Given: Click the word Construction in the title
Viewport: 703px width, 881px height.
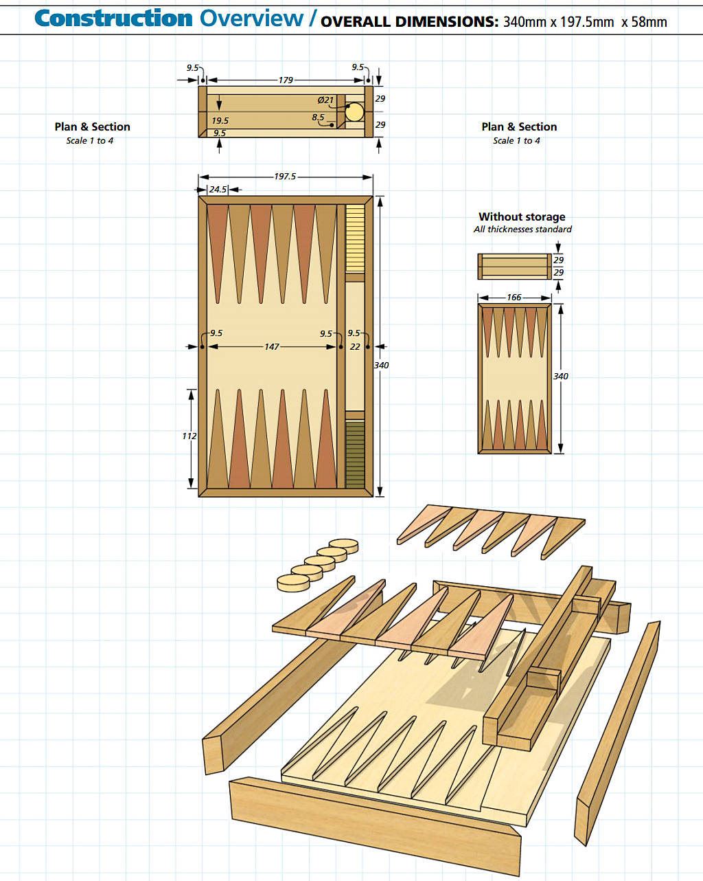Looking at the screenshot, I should point(113,19).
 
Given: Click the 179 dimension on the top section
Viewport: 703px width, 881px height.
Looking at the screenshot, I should point(285,80).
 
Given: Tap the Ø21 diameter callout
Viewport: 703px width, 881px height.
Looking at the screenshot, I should point(325,100).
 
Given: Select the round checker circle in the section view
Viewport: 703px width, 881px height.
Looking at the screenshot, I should point(354,112).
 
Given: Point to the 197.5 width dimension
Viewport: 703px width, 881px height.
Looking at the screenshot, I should point(285,177).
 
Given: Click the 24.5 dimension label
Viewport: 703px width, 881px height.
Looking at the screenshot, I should point(218,190).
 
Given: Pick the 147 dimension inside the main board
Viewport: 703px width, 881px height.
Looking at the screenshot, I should point(272,347).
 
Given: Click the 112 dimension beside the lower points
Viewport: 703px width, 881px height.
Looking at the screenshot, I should point(189,436).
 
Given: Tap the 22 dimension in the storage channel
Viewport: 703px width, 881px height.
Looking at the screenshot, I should point(355,347).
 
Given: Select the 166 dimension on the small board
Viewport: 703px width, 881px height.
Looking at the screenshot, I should point(514,298).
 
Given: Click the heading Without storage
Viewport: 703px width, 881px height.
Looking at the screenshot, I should point(522,217).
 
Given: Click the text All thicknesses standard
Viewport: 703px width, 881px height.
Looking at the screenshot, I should point(522,230).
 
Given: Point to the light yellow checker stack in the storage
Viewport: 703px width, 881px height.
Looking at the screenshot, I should point(355,237).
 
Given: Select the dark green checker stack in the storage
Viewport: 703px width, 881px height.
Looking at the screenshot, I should point(355,454).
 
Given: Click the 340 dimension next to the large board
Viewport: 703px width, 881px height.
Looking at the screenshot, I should point(381,366).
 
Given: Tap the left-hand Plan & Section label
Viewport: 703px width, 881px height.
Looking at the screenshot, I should point(92,127).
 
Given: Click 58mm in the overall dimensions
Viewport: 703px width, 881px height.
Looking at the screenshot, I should point(649,22).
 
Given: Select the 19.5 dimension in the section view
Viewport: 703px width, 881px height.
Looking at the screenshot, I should point(220,121).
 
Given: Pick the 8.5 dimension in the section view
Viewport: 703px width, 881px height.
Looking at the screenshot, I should point(318,118).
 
